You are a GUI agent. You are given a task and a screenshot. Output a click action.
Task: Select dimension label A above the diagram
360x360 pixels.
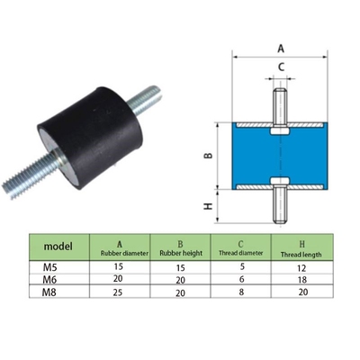pos(280,50)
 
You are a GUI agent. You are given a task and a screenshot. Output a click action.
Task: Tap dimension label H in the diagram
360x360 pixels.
pos(208,206)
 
